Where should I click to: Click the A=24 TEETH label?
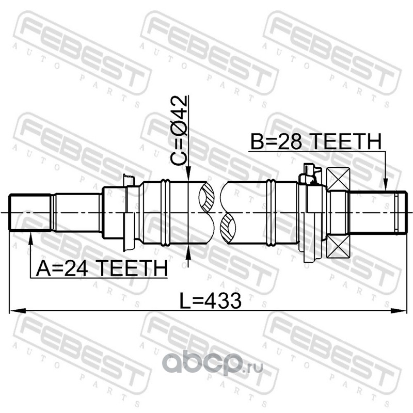click(x=102, y=268)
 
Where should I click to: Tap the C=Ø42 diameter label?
click(x=179, y=131)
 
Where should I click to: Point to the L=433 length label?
click(x=210, y=301)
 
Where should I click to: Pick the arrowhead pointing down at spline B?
click(x=385, y=184)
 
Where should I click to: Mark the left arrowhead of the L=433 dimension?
click(x=18, y=311)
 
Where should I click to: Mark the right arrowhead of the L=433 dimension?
click(x=398, y=311)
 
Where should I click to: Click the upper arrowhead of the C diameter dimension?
click(x=188, y=174)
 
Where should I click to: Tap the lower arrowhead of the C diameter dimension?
click(x=188, y=252)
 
